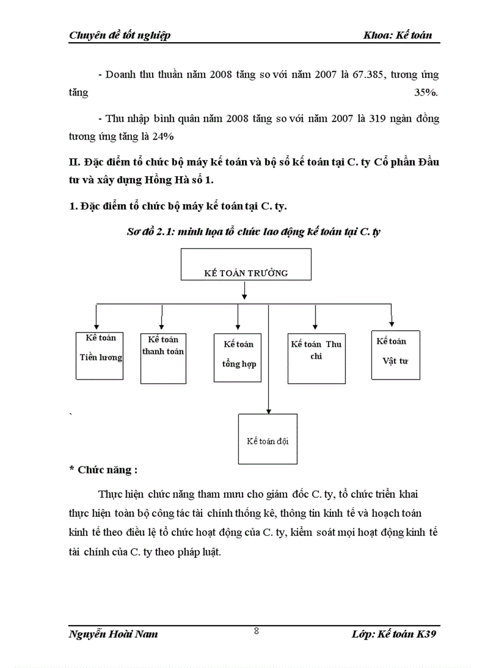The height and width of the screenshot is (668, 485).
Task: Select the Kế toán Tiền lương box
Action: (x=100, y=355)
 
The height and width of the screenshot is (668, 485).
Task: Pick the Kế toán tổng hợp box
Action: (x=238, y=357)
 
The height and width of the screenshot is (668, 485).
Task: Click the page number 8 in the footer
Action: (x=256, y=632)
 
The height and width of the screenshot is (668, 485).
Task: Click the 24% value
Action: (x=162, y=137)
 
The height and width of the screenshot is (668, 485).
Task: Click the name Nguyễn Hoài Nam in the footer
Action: (x=114, y=634)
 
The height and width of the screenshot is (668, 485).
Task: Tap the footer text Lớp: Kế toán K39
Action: (x=395, y=634)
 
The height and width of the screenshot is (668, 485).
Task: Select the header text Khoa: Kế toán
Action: (x=398, y=35)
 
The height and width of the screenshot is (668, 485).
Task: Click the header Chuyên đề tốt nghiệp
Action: (x=120, y=35)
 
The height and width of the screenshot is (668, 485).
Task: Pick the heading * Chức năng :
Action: (x=103, y=469)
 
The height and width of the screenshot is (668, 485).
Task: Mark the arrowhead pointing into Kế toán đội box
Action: (x=269, y=410)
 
